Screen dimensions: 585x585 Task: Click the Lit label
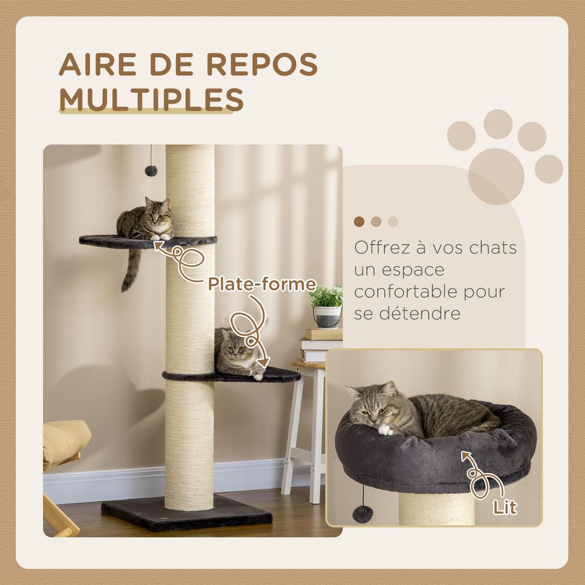click(504, 507)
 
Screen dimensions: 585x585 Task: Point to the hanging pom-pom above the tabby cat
click(152, 170)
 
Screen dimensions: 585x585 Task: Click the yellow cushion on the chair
click(65, 441)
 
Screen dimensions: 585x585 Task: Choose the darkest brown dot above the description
click(359, 222)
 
